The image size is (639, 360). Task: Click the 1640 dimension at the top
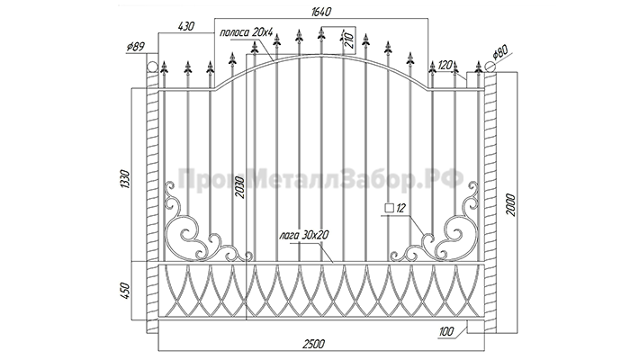(x=320, y=12)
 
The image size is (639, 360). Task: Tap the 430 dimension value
(x=186, y=26)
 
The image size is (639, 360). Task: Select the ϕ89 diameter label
(x=135, y=47)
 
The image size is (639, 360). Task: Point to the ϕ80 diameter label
(x=500, y=53)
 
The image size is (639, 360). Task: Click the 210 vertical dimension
(x=348, y=40)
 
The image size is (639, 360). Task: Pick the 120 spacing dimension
(x=445, y=65)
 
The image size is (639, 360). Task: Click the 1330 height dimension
(x=125, y=178)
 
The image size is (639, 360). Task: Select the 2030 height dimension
(x=240, y=187)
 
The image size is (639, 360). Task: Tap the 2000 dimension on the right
(x=511, y=205)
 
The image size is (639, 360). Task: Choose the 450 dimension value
(x=125, y=291)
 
